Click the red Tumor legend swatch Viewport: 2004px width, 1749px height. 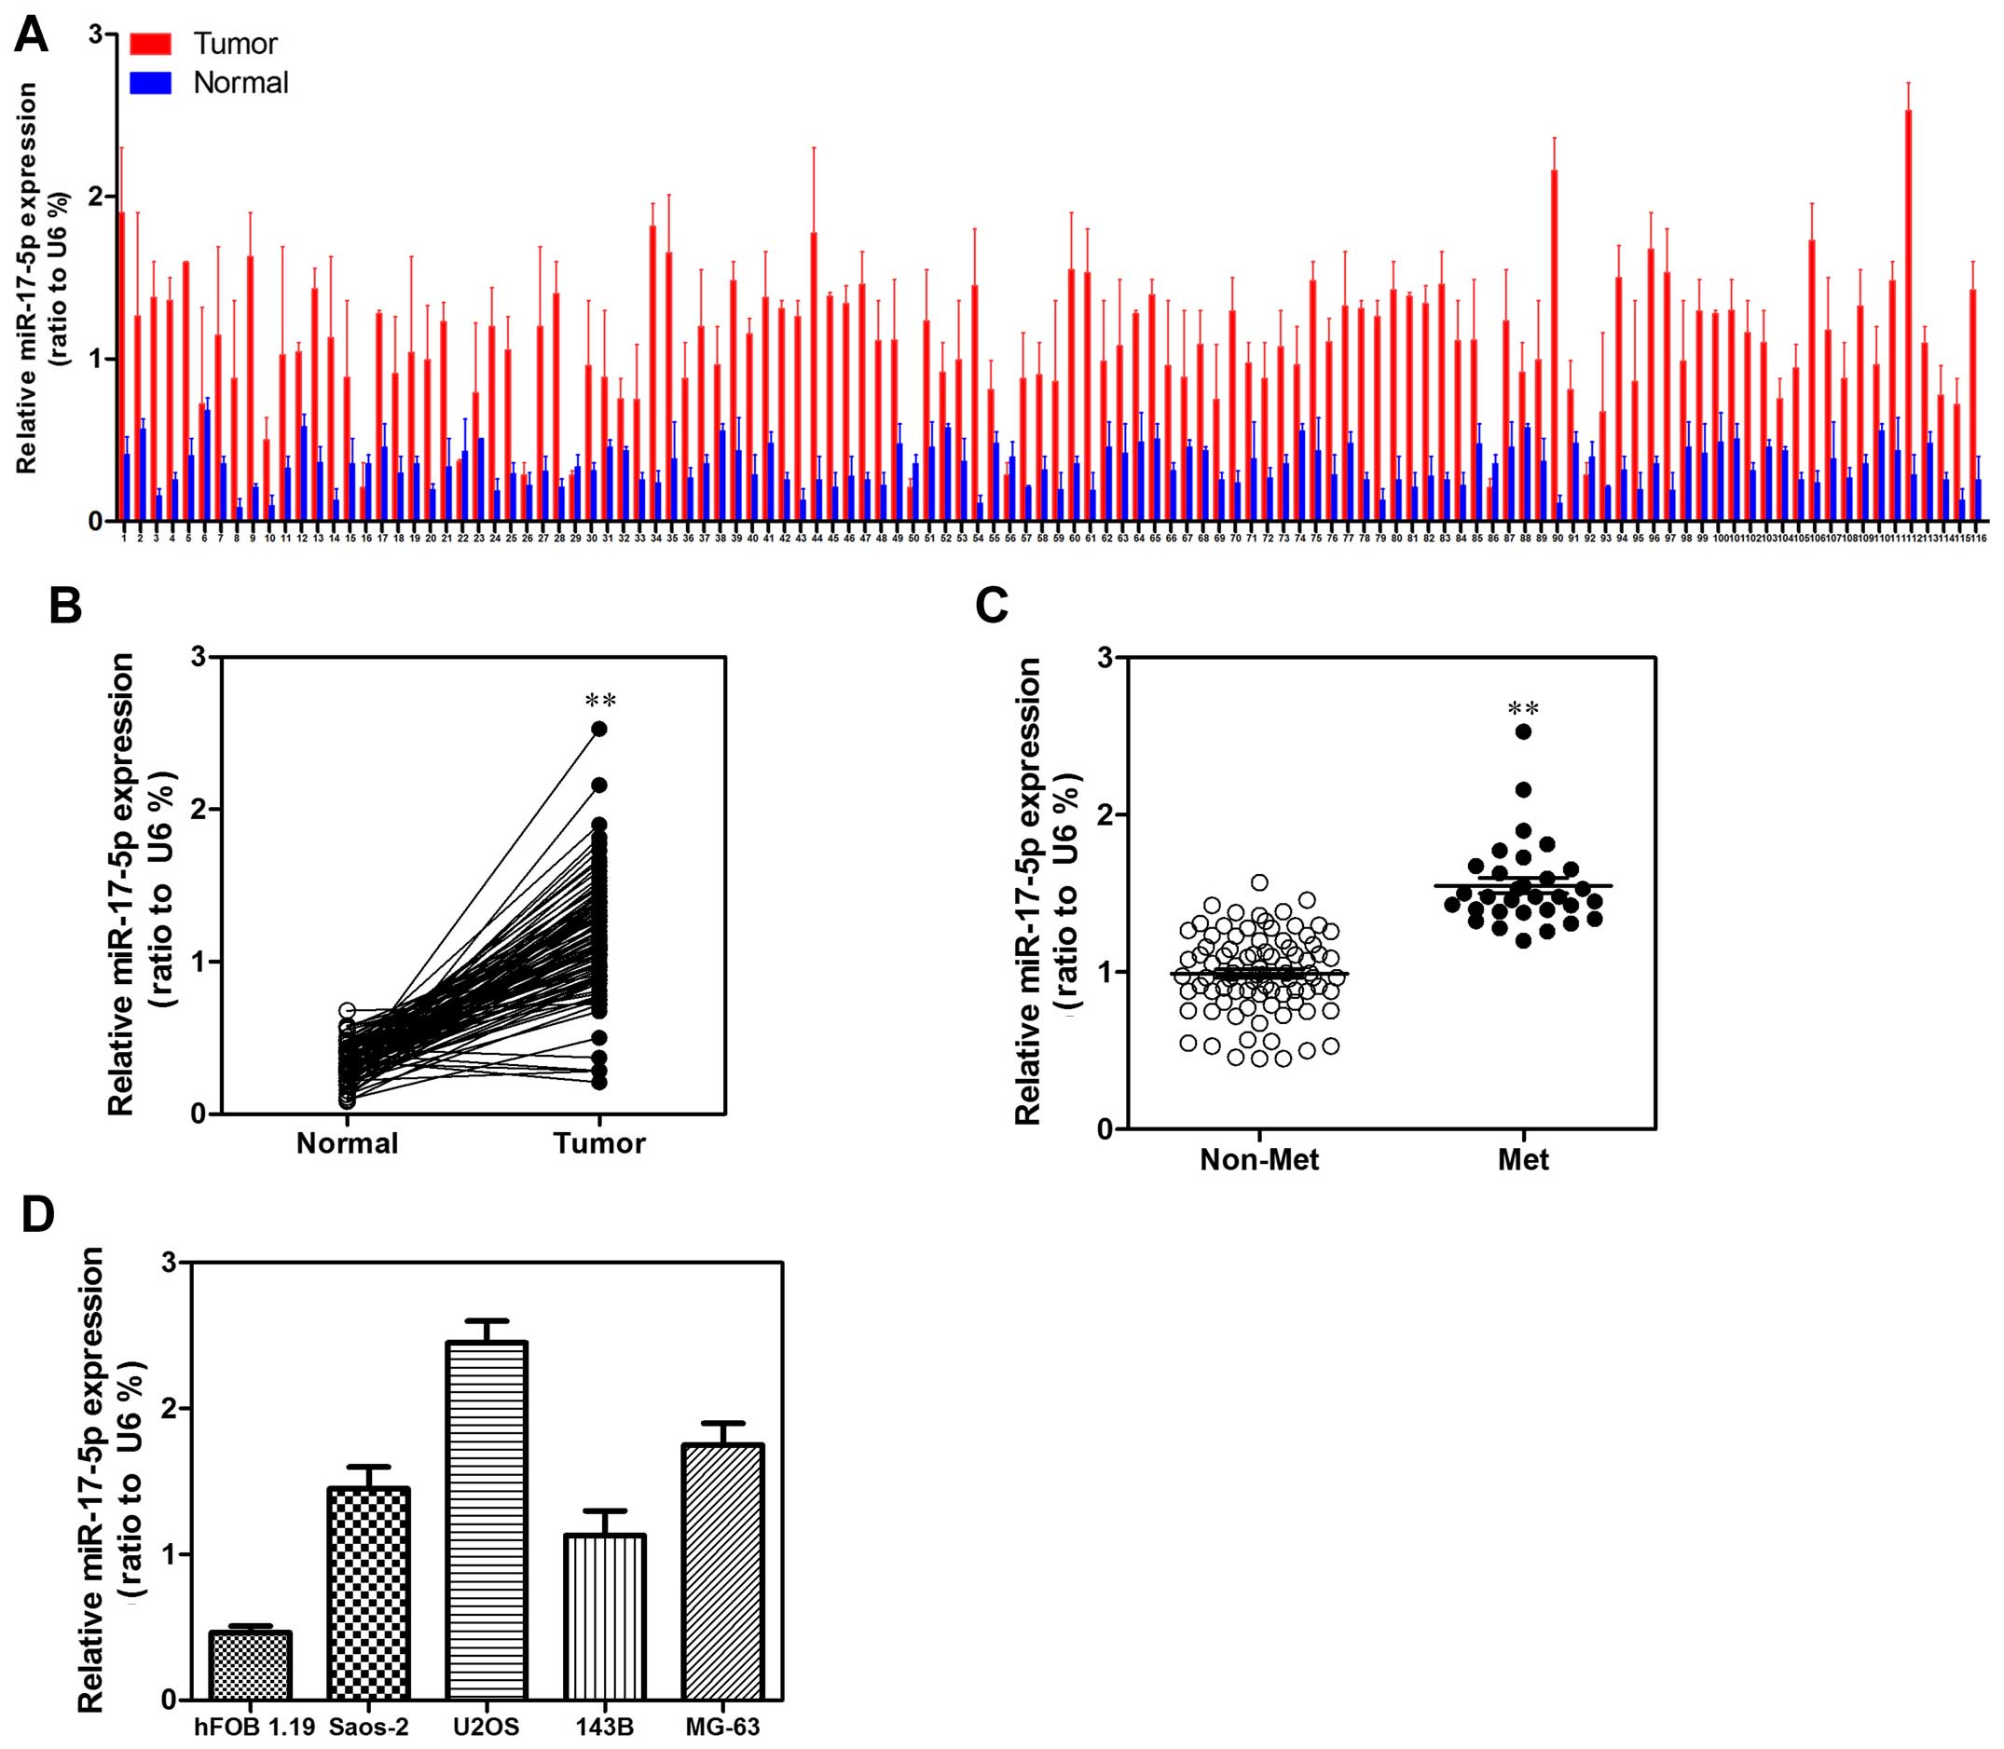[x=150, y=44]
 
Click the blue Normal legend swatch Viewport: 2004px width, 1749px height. [x=150, y=83]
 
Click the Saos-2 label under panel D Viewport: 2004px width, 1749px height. [x=369, y=1726]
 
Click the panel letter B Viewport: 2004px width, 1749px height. [x=65, y=606]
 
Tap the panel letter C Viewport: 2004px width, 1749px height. [x=993, y=606]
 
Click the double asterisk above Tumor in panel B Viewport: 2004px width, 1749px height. [x=600, y=701]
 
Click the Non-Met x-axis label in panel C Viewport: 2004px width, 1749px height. [x=1259, y=1159]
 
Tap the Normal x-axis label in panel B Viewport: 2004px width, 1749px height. [x=348, y=1143]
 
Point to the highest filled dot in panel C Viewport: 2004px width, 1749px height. [x=1523, y=732]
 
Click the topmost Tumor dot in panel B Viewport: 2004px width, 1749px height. [x=599, y=729]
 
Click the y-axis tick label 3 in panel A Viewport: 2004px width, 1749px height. [x=95, y=34]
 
